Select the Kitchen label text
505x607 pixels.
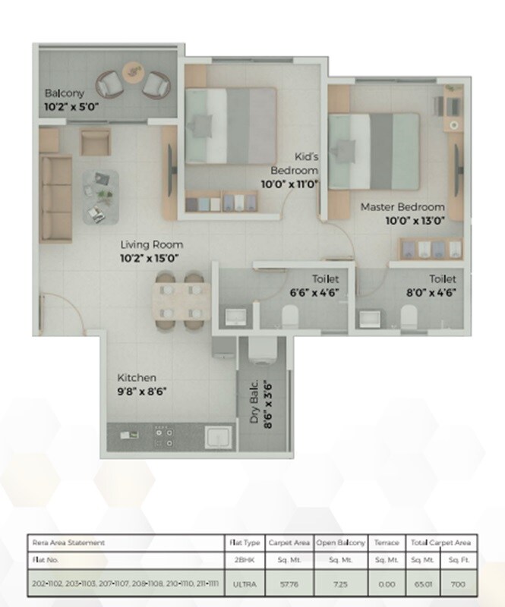137,378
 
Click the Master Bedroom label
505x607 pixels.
402,206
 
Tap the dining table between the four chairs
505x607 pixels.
172,300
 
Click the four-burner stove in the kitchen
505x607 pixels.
163,437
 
